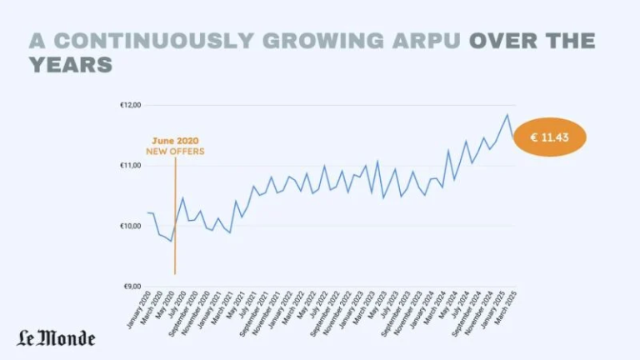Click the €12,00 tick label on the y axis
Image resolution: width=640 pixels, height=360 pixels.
point(132,105)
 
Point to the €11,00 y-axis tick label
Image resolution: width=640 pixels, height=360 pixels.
point(132,166)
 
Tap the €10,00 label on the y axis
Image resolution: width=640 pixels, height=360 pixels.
point(132,226)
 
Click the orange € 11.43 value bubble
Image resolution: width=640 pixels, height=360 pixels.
point(549,137)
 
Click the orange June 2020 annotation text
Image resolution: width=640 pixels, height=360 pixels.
point(175,141)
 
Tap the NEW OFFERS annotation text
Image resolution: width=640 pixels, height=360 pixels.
point(175,151)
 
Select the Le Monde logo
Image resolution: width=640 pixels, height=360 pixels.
point(57,337)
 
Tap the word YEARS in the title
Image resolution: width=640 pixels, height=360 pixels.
point(71,64)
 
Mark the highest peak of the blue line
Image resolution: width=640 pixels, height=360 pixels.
point(507,114)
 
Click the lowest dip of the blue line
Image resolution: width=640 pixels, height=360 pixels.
point(170,241)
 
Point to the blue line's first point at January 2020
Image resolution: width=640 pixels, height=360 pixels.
point(147,212)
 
